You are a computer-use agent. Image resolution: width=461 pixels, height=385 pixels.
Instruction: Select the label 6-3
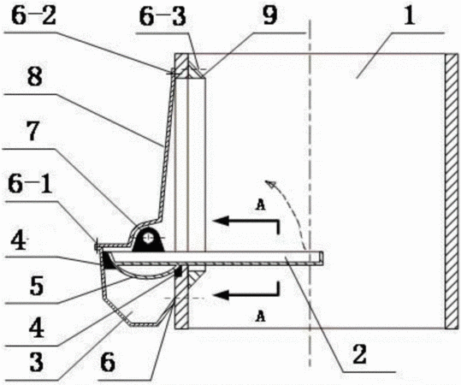click(163, 17)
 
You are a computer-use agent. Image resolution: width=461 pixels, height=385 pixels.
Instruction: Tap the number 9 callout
click(270, 15)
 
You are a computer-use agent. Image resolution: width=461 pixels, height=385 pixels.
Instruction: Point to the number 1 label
click(410, 15)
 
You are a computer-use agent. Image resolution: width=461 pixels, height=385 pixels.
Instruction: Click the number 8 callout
click(34, 77)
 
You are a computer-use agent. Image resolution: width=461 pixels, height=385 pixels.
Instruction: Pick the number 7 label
click(33, 133)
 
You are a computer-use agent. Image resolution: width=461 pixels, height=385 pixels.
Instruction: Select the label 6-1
click(30, 186)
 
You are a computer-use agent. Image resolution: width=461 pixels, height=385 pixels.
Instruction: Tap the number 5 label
click(38, 286)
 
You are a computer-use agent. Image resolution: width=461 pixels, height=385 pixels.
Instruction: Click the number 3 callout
click(37, 363)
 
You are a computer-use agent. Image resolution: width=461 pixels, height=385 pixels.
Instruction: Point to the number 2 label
click(360, 355)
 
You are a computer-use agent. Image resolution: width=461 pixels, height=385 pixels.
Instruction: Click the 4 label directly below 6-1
click(19, 240)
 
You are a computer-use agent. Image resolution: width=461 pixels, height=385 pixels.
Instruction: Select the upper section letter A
click(261, 205)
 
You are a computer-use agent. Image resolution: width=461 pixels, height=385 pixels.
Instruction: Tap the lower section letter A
click(260, 317)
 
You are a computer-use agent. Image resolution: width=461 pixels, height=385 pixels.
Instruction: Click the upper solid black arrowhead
click(222, 220)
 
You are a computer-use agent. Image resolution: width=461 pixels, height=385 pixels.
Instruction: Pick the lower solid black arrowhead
click(222, 294)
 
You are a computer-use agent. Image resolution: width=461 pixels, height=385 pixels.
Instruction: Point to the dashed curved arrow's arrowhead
click(270, 184)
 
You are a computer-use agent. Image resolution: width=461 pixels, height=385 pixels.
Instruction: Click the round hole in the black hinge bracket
click(149, 238)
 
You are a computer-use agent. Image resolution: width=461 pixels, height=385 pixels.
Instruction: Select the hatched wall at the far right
click(452, 191)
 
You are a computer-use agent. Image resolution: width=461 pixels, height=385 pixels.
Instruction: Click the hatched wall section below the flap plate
click(181, 297)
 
